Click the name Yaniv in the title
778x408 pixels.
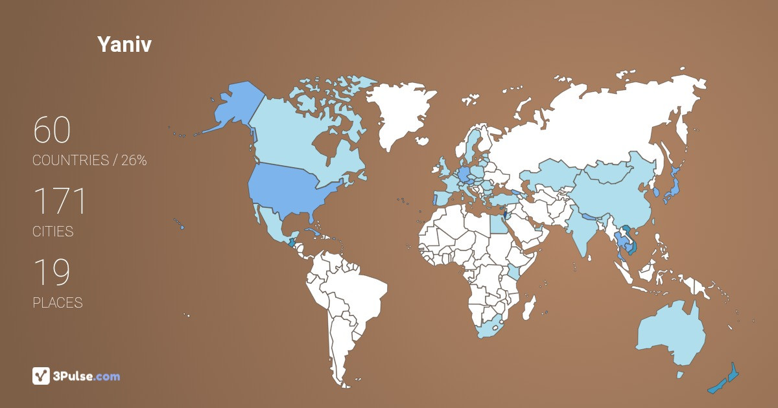pos(124,44)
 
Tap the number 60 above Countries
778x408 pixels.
pos(52,131)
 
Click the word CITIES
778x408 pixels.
pos(53,231)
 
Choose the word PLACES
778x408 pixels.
pos(58,302)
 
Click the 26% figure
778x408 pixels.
pos(134,161)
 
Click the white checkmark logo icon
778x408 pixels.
pos(41,376)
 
